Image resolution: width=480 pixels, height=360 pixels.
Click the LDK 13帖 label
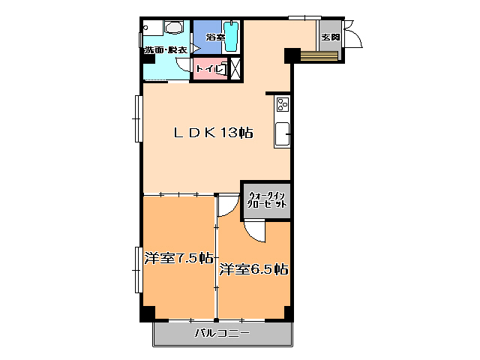pyautogui.click(x=214, y=133)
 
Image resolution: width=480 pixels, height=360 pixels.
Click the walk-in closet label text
pyautogui.click(x=266, y=200)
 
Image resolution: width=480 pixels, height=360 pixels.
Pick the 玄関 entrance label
pyautogui.click(x=330, y=36)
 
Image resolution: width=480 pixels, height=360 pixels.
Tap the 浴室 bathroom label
pyautogui.click(x=205, y=36)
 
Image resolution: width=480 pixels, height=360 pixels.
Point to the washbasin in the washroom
pyautogui.click(x=174, y=28)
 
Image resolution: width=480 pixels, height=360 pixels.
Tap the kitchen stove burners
pyautogui.click(x=283, y=103)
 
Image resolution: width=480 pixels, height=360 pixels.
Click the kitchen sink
pyautogui.click(x=283, y=135)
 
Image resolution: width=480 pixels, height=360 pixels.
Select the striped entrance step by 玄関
pyautogui.click(x=319, y=55)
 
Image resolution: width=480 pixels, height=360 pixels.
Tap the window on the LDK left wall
pyautogui.click(x=138, y=118)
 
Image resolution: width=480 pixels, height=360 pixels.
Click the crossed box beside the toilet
pyautogui.click(x=234, y=67)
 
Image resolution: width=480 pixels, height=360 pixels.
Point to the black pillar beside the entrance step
pyautogui.click(x=292, y=55)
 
